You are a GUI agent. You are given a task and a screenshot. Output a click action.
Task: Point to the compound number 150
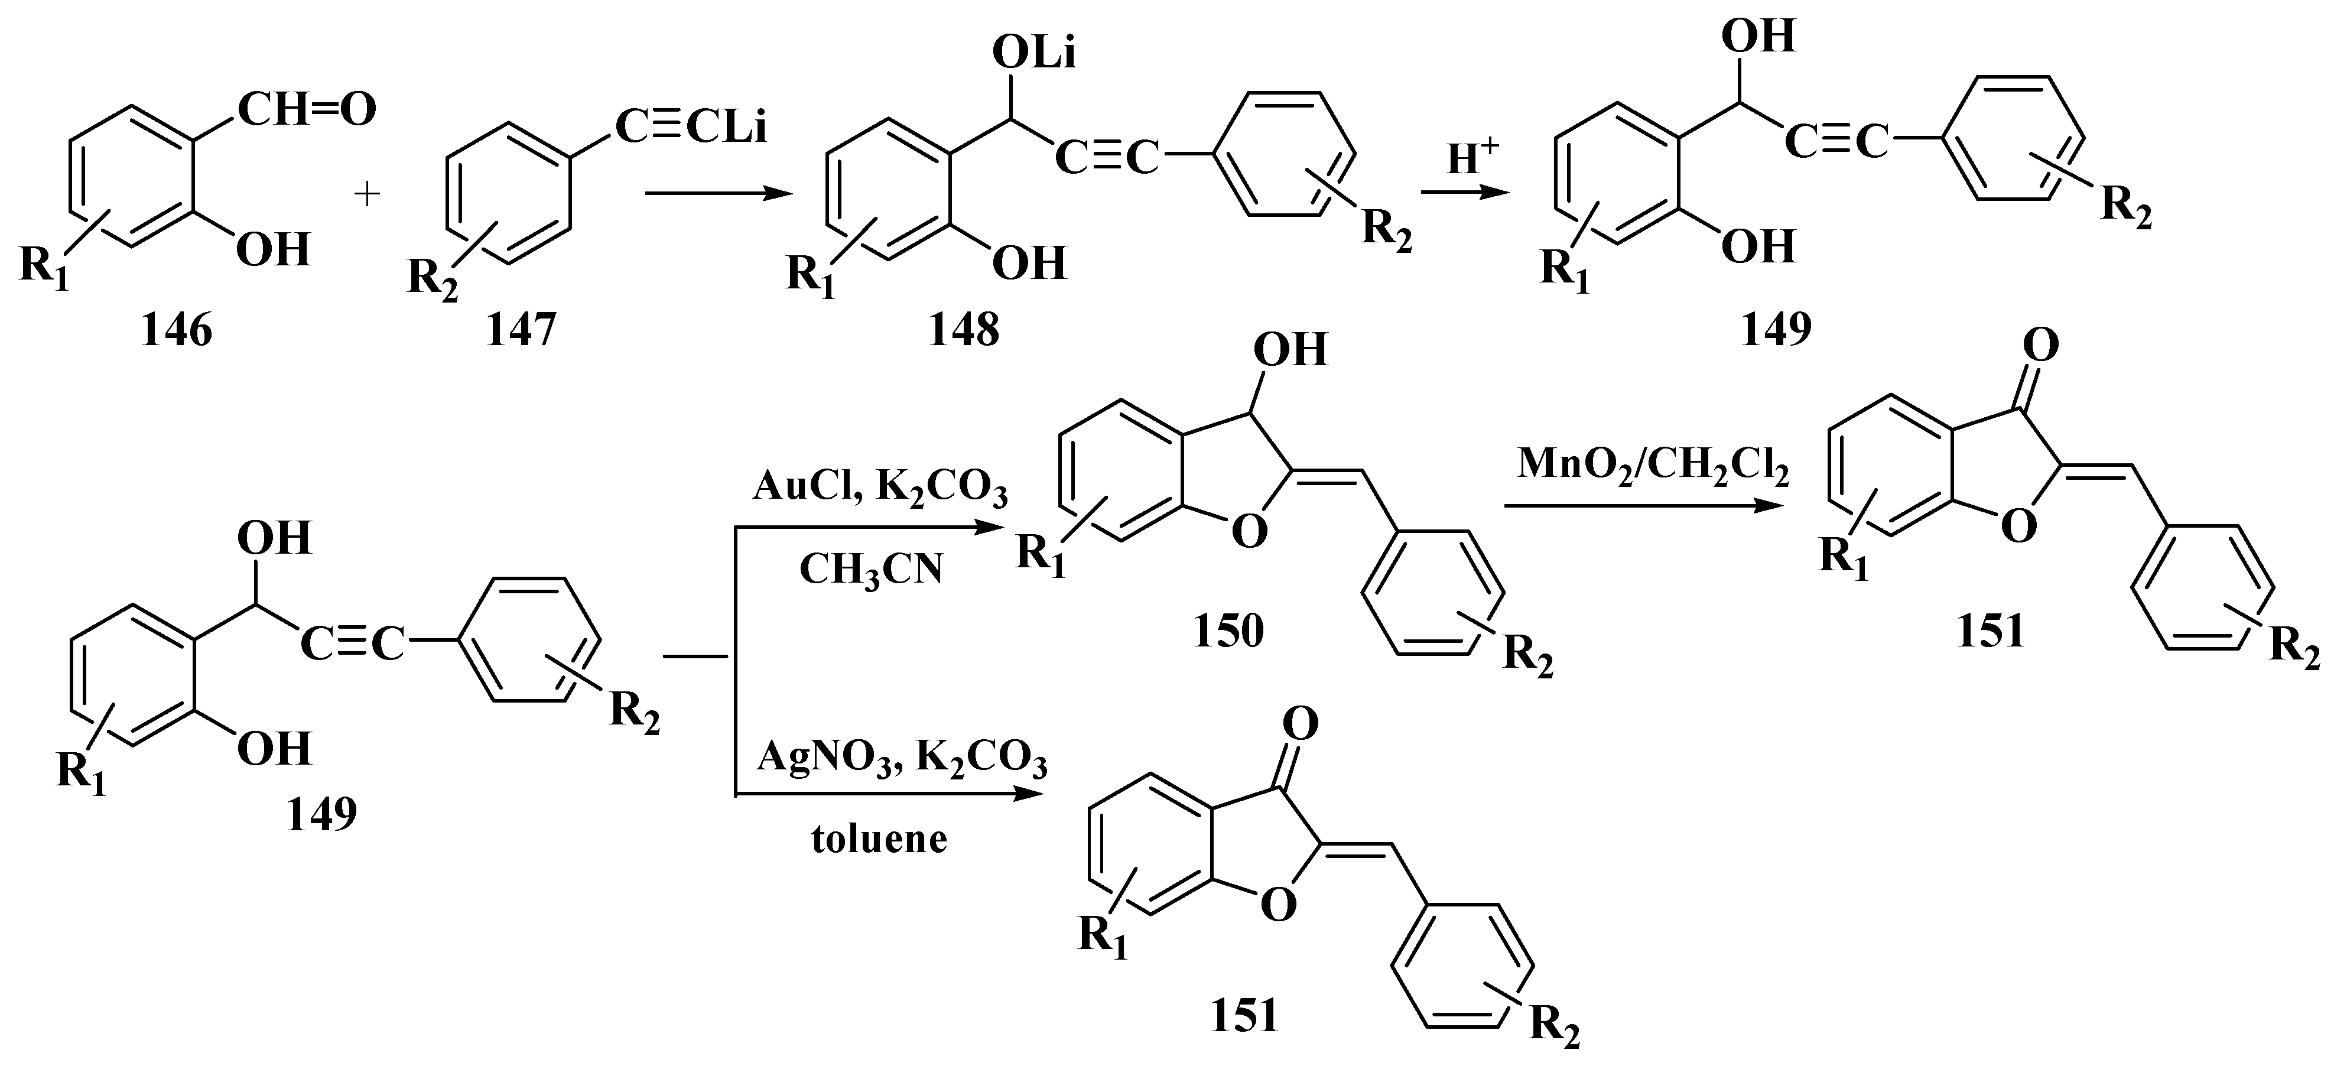coord(1228,631)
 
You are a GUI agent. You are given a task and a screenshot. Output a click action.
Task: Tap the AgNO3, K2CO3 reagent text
coord(902,757)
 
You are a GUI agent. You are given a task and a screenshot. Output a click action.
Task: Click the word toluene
coord(878,839)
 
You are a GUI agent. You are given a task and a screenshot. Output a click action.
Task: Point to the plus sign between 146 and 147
coord(367,194)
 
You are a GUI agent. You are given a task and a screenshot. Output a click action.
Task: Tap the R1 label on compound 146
coord(44,268)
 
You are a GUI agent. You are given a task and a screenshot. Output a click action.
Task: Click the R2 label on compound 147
coord(433,275)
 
